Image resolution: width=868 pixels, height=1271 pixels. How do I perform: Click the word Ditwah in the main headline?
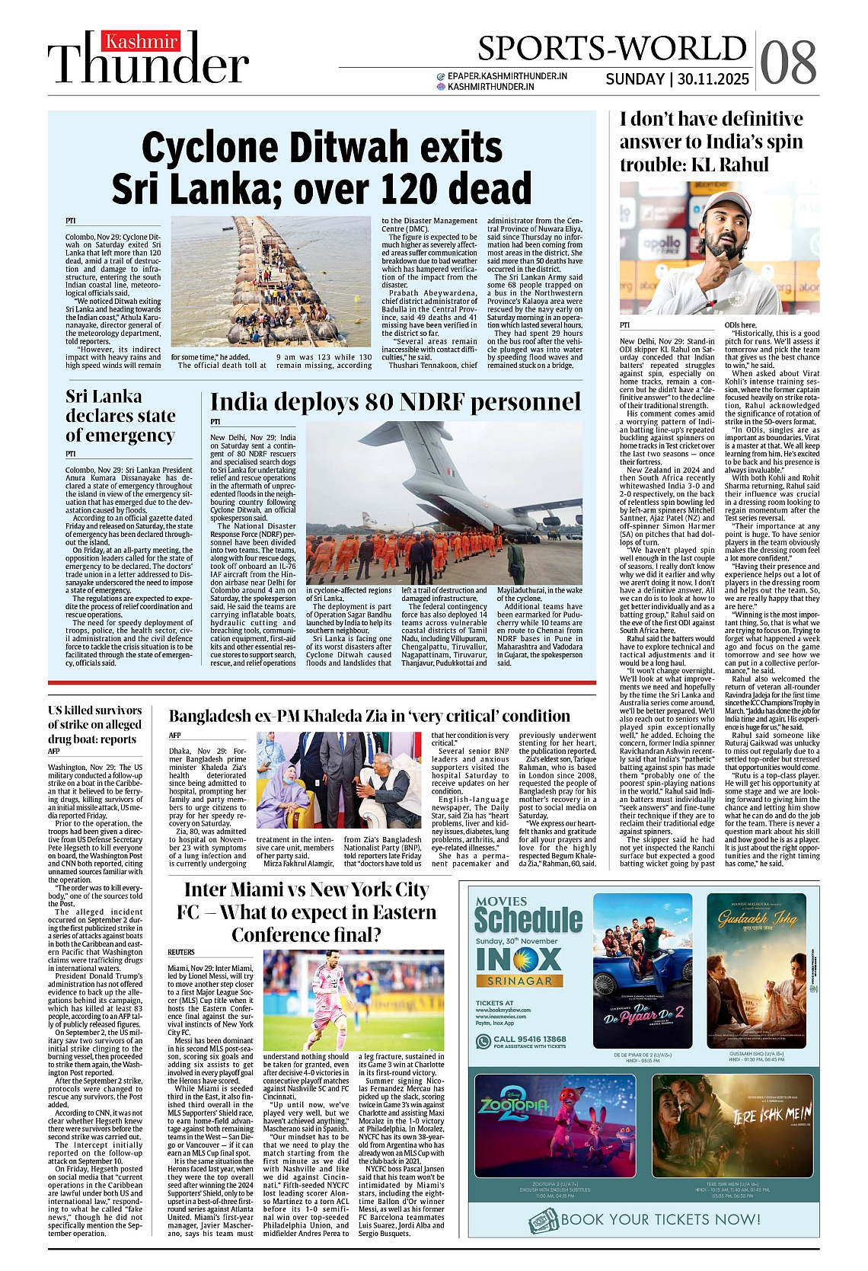356,148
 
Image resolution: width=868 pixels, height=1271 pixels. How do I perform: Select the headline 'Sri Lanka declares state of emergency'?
120,416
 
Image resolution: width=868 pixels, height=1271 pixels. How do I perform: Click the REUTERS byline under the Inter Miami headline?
181,952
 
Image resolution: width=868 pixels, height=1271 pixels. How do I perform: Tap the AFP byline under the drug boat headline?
54,752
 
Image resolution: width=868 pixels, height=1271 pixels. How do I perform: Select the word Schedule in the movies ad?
528,920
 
